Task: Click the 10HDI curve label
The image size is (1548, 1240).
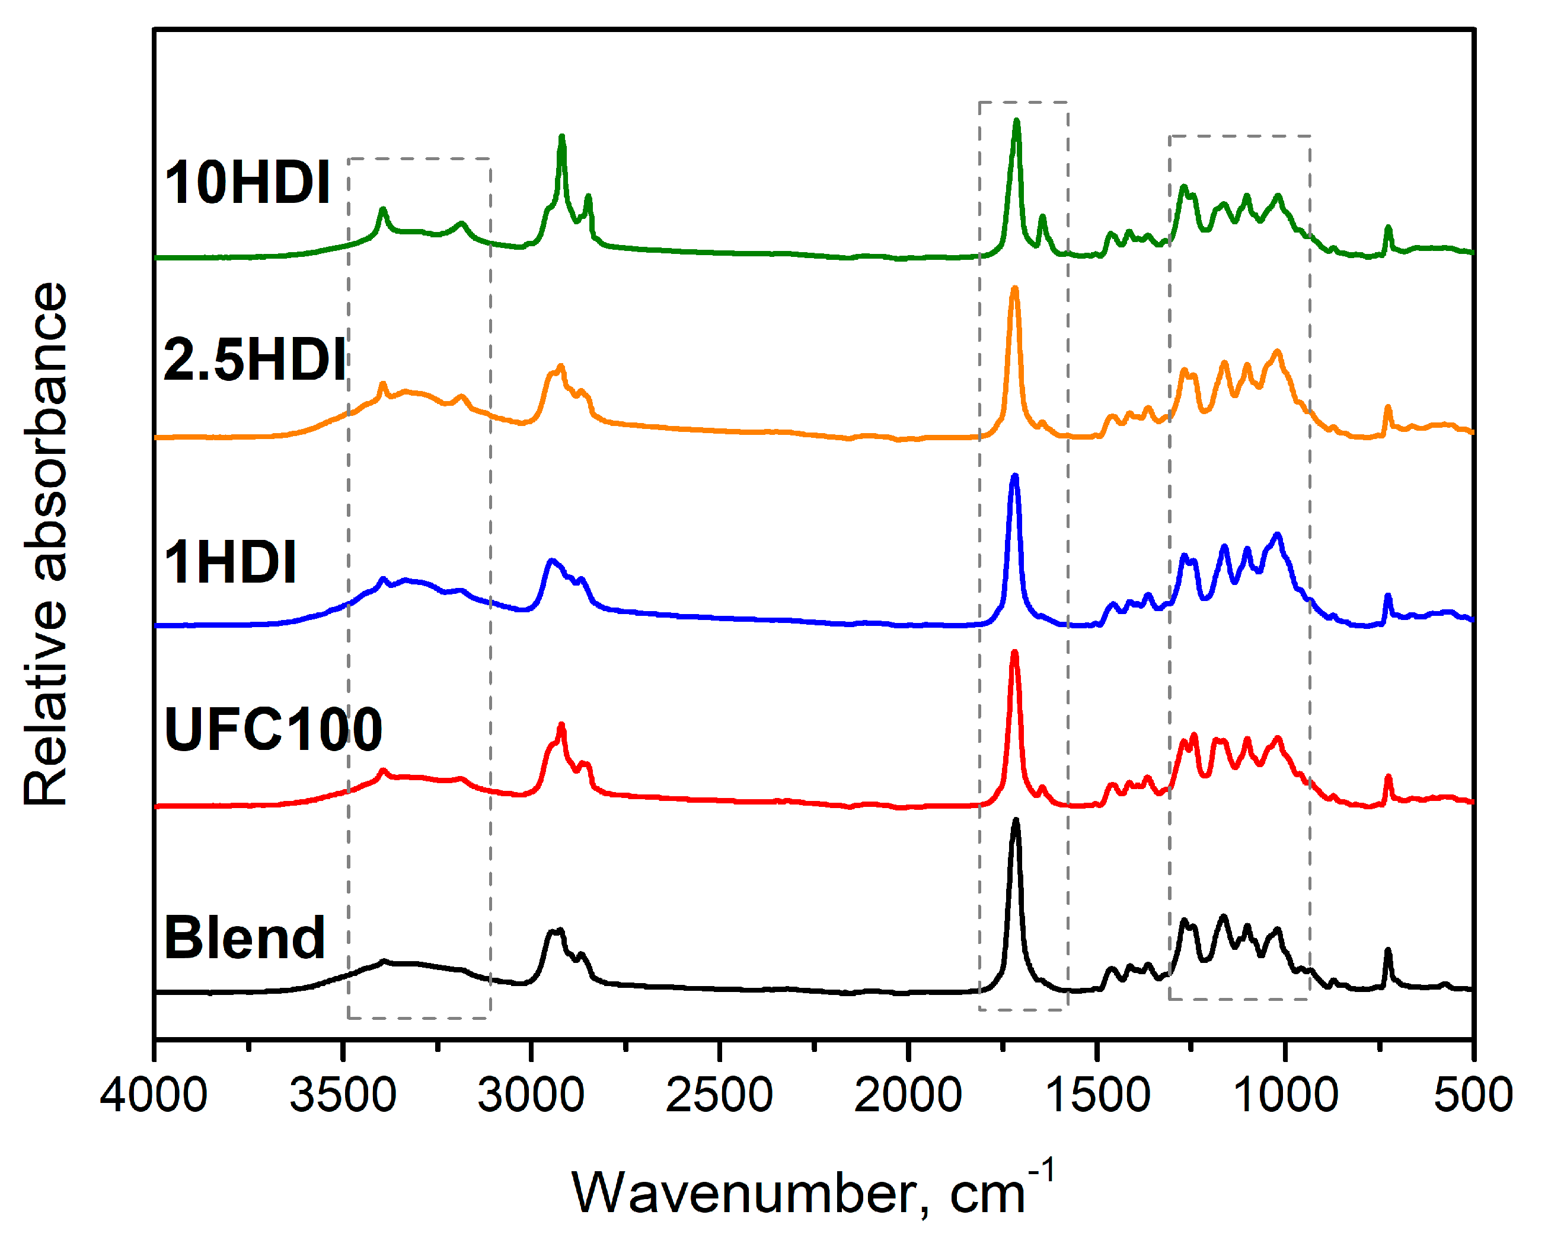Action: (x=248, y=183)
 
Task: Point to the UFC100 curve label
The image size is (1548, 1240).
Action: (x=273, y=729)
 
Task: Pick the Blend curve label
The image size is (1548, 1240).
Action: (x=244, y=937)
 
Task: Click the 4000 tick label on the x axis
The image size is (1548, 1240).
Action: (x=154, y=1095)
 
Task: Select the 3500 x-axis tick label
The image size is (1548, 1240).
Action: (x=343, y=1095)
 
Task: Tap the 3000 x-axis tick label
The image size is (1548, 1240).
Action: (x=531, y=1095)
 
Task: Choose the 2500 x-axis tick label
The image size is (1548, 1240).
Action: (x=719, y=1095)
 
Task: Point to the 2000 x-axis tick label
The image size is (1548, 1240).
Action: (x=908, y=1095)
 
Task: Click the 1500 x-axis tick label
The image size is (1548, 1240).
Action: (x=1096, y=1095)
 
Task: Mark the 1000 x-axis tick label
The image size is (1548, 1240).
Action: (x=1285, y=1095)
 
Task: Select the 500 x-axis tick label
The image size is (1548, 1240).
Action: (x=1473, y=1095)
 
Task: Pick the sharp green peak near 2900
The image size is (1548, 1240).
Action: (x=561, y=138)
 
